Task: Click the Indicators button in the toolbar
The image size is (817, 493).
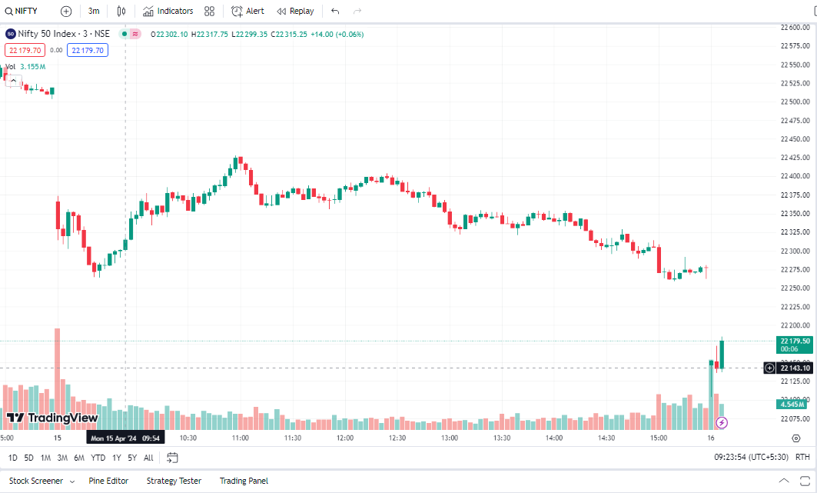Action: point(168,12)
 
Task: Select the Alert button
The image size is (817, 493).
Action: point(247,12)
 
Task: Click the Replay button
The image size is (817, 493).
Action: point(295,12)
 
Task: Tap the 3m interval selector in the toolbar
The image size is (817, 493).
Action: point(94,12)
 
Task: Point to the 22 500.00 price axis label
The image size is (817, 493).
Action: point(795,102)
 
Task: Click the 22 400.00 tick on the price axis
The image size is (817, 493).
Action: point(795,176)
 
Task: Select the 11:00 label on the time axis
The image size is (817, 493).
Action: point(241,438)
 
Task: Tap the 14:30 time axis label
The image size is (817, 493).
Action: point(606,438)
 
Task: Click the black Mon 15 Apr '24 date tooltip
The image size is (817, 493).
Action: point(125,438)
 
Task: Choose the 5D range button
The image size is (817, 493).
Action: point(28,458)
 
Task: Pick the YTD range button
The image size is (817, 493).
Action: point(98,458)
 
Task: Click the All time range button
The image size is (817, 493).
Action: point(148,458)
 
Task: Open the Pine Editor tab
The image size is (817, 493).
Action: point(108,481)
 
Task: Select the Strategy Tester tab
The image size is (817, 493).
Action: point(174,481)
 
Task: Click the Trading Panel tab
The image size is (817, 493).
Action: point(244,481)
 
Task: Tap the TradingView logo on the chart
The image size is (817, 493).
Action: point(52,418)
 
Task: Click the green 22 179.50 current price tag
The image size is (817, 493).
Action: point(795,344)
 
